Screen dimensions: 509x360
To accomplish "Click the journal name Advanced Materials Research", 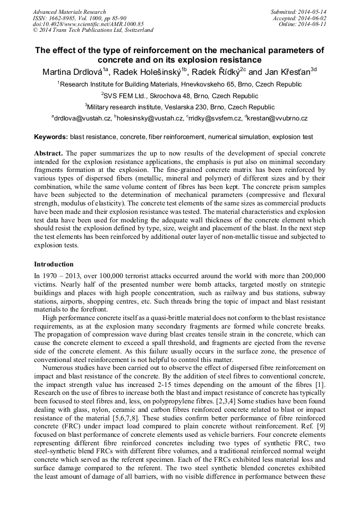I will pyautogui.click(x=69, y=12).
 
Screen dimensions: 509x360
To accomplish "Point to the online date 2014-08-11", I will pyautogui.click(x=313, y=24).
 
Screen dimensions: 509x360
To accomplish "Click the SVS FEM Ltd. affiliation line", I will pyautogui.click(x=179, y=96).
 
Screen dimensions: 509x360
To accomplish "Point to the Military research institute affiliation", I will pyautogui.click(x=179, y=107).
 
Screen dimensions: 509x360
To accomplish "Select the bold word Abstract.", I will pyautogui.click(x=48, y=153).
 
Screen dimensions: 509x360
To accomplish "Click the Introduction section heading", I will pyautogui.click(x=54, y=264).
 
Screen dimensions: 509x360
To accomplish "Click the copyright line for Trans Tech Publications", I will pyautogui.click(x=93, y=31).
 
